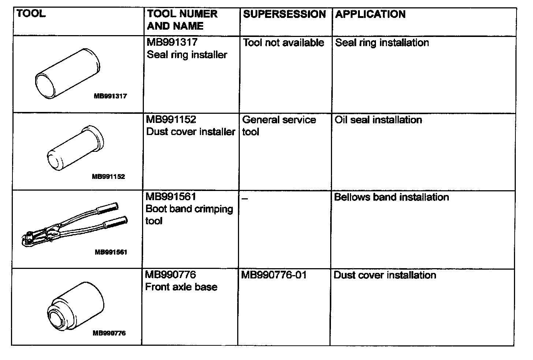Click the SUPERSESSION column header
coord(284,14)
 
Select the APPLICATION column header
coord(370,14)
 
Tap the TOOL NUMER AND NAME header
coord(182,20)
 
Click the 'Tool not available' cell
coord(284,43)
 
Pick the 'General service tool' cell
coord(279,125)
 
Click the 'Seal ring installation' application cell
coord(382,43)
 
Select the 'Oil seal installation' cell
coord(378,120)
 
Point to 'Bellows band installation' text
coord(391,198)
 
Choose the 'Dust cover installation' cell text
coord(385,275)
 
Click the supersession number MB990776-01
coord(273,275)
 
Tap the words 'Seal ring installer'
coord(187,55)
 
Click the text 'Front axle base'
coord(181,287)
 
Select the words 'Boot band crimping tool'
coord(189,215)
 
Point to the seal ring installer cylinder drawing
coord(68,73)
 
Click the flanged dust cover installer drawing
coord(75,148)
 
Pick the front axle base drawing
coord(76,306)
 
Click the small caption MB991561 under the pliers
coord(111,252)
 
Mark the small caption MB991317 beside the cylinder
coord(110,97)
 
